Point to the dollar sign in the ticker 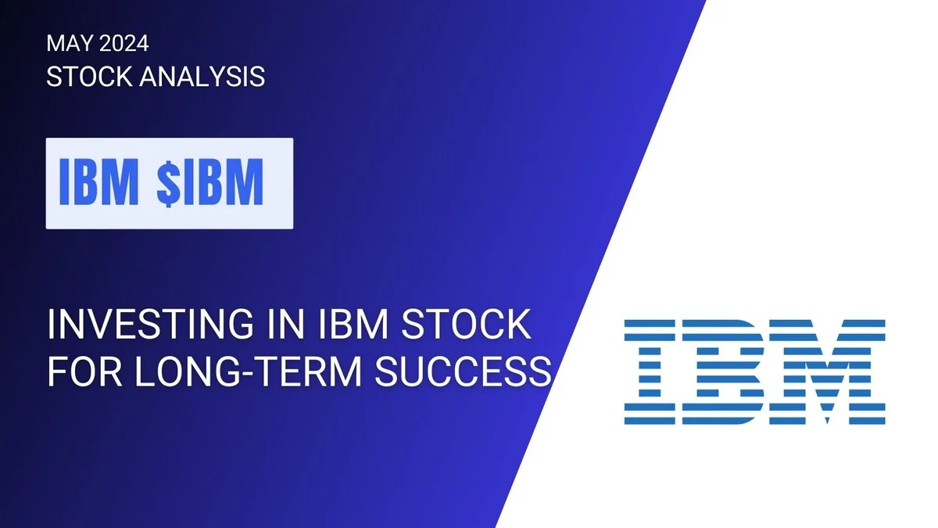click(170, 183)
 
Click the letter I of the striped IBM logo click(652, 372)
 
